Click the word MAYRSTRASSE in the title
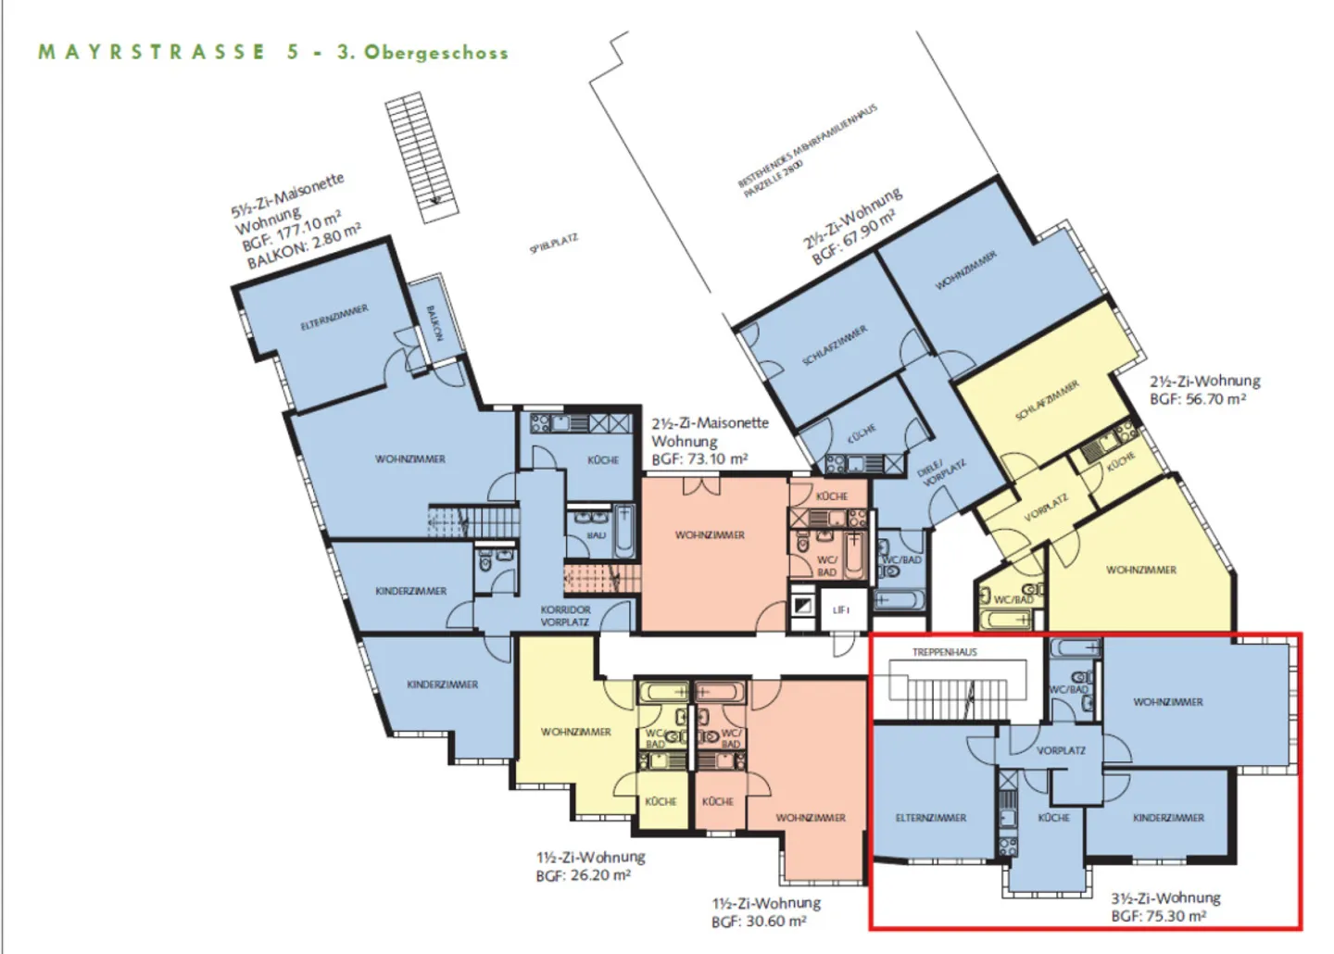[152, 52]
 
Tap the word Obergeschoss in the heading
[435, 53]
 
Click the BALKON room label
[432, 323]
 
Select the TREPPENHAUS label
[944, 652]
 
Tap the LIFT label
[841, 610]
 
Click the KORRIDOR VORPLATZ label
[565, 616]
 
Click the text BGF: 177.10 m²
[292, 232]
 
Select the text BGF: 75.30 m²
[1158, 916]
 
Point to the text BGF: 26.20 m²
[583, 875]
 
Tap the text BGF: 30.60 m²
[759, 922]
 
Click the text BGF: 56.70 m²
[1197, 399]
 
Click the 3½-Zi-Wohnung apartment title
[1165, 898]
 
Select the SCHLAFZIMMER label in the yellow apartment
[1047, 401]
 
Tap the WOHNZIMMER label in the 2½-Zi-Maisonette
[710, 535]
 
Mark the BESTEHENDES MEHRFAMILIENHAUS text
[806, 146]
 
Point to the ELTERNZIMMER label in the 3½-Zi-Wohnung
[931, 818]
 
